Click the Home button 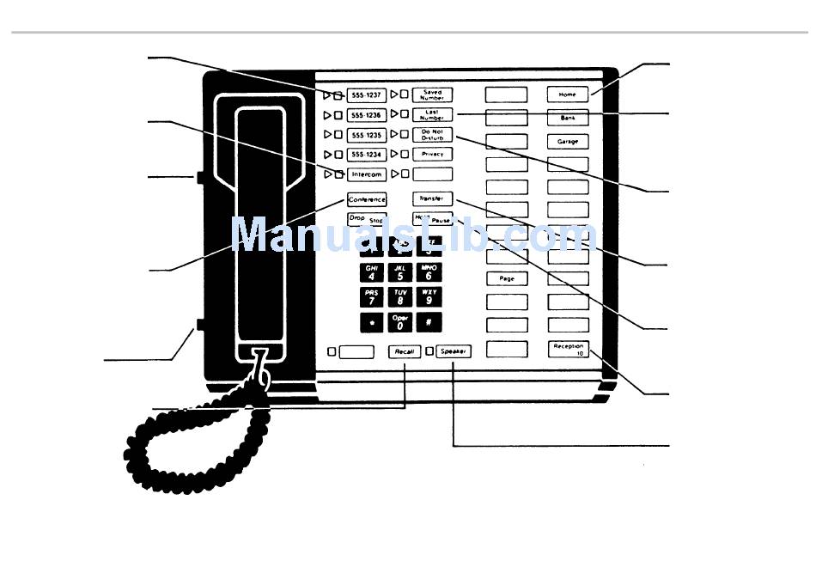pos(568,95)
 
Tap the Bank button pos(568,118)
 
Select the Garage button pos(568,141)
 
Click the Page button pos(507,278)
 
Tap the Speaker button pos(453,351)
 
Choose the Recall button pos(405,351)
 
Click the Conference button pos(367,200)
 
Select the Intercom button pos(367,174)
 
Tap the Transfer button pos(432,198)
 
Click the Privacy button pos(432,154)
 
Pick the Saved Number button pos(432,95)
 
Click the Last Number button pos(432,114)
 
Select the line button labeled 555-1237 pos(367,95)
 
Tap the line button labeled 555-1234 pos(367,155)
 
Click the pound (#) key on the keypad pos(429,322)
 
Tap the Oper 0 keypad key pos(400,322)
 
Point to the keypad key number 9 pos(429,297)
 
